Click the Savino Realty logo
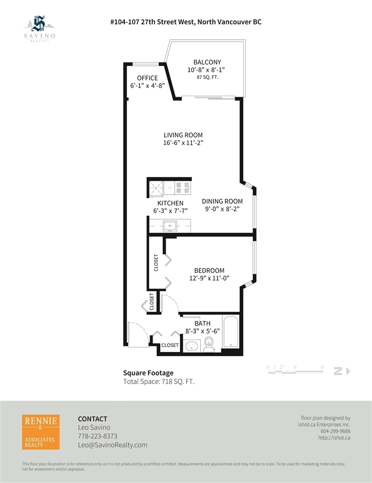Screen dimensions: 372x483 pos(40,29)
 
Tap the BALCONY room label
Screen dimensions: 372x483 pos(207,62)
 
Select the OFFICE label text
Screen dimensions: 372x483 pos(147,78)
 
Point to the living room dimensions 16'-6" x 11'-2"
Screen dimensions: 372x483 pos(183,143)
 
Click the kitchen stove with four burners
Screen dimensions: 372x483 pos(183,188)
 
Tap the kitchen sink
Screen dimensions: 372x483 pos(170,226)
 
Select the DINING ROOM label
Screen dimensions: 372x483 pos(222,201)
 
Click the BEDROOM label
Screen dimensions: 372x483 pos(209,271)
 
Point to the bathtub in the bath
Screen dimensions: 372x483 pos(230,332)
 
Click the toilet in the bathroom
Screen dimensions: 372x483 pos(209,344)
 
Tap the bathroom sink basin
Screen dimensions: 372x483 pos(192,346)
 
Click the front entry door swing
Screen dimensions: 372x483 pos(138,335)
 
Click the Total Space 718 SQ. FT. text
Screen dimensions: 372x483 pos(159,382)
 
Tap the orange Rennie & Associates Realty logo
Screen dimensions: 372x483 pos(41,432)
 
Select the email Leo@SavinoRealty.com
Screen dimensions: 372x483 pos(112,445)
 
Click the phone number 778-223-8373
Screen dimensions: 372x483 pos(97,436)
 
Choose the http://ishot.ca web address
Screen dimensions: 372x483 pos(334,438)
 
